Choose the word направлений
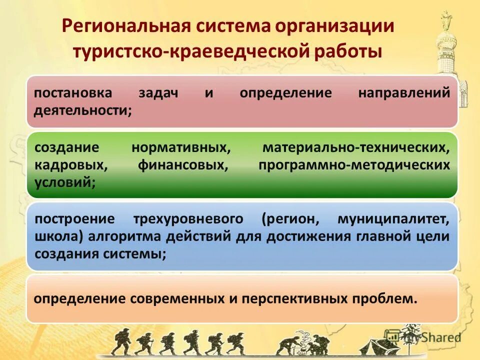(x=404, y=93)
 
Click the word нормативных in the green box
(x=181, y=148)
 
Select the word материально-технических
(x=353, y=148)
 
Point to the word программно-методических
(x=354, y=164)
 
